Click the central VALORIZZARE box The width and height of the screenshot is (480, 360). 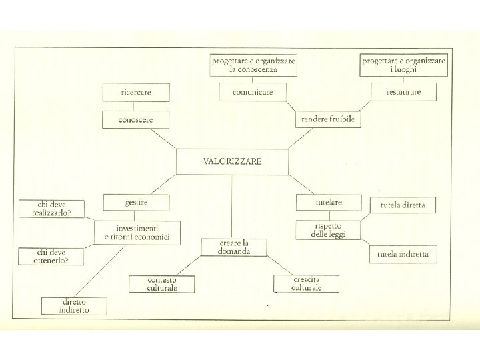pyautogui.click(x=232, y=161)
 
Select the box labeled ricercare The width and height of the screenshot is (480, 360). pyautogui.click(x=135, y=92)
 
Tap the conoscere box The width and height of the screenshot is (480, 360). pyautogui.click(x=135, y=120)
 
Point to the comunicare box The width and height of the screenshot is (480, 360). pyautogui.click(x=253, y=92)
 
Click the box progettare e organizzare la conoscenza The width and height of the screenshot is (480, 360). pyautogui.click(x=253, y=65)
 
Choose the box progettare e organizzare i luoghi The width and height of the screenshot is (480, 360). pyautogui.click(x=403, y=65)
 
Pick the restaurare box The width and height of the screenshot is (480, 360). pyautogui.click(x=403, y=92)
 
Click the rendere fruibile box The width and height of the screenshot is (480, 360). pyautogui.click(x=328, y=119)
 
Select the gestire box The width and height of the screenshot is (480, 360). pyautogui.click(x=136, y=202)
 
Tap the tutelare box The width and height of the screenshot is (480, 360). pyautogui.click(x=329, y=202)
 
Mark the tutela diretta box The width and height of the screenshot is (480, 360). pyautogui.click(x=403, y=205)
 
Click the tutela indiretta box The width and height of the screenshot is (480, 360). pyautogui.click(x=403, y=253)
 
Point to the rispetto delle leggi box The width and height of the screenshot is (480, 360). pyautogui.click(x=328, y=230)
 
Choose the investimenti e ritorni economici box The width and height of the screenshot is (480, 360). pyautogui.click(x=137, y=233)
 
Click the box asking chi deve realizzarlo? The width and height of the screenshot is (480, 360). pyautogui.click(x=51, y=209)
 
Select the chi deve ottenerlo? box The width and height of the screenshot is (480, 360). pyautogui.click(x=51, y=256)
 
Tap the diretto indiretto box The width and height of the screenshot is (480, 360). pyautogui.click(x=74, y=306)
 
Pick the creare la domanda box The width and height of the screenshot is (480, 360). pyautogui.click(x=234, y=247)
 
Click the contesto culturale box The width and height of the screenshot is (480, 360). pyautogui.click(x=162, y=284)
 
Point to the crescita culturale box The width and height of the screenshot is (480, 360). pyautogui.click(x=306, y=284)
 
